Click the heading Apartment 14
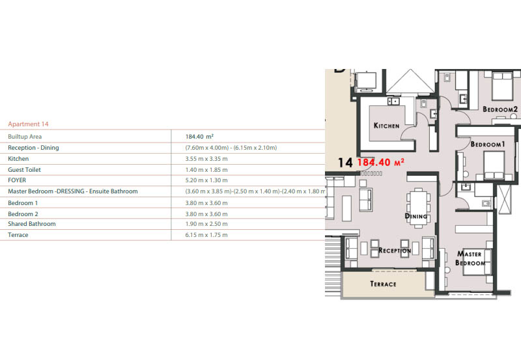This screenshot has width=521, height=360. coord(28,124)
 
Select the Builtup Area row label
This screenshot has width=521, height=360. coord(25,137)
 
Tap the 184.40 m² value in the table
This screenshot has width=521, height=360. coord(201,137)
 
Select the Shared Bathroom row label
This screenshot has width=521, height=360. coord(31,224)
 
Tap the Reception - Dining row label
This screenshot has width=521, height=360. coord(33,148)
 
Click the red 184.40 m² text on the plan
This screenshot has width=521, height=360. coord(382,162)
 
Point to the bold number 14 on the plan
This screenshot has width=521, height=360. coord(345,163)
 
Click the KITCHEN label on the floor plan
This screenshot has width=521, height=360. coord(387,125)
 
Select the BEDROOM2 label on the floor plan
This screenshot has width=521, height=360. coord(500,109)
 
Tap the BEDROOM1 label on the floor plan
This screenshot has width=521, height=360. coord(488,144)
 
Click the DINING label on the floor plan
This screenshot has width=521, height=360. coord(416,216)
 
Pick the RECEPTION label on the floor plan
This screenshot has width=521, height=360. coord(395,251)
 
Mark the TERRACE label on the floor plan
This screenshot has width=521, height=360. coord(383,284)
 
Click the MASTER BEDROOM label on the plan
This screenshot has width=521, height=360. coord(471,258)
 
